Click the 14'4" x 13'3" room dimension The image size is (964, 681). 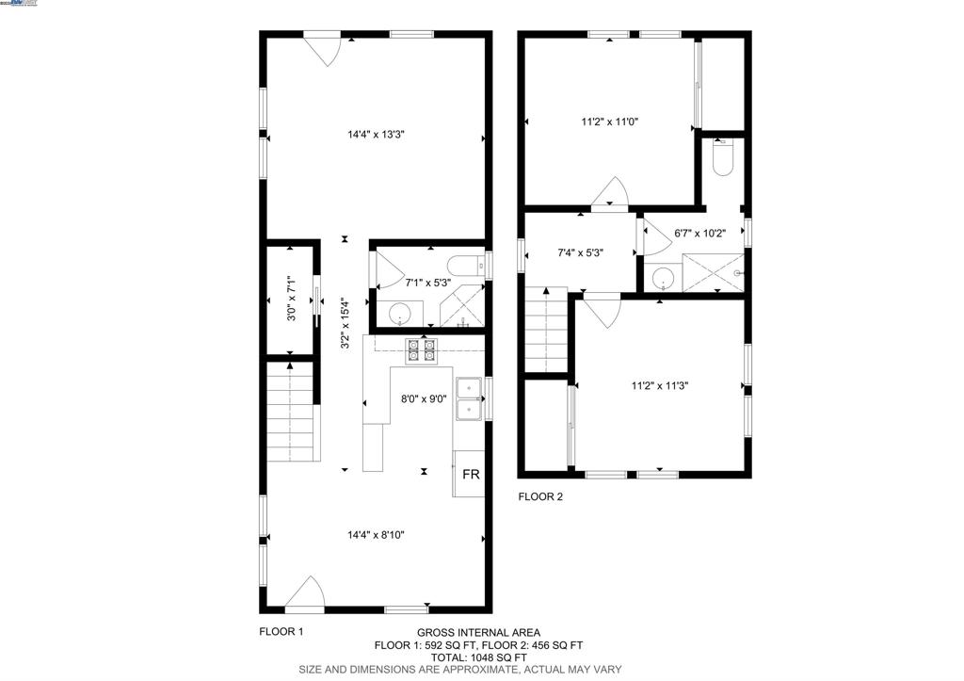tap(377, 135)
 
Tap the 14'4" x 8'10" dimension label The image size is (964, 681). tap(377, 535)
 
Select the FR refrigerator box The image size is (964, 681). tap(470, 475)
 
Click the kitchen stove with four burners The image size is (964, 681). tap(420, 350)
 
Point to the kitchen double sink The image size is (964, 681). tap(469, 397)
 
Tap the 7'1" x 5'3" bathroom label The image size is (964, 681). tap(428, 282)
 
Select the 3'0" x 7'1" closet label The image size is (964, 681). tap(291, 300)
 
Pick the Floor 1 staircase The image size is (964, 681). tap(289, 414)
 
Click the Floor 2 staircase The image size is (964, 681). tap(545, 331)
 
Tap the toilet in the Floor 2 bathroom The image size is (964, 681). tap(723, 157)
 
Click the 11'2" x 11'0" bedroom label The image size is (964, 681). tap(609, 122)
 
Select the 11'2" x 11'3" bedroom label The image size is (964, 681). tap(659, 384)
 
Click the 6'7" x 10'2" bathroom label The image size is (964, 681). tap(701, 234)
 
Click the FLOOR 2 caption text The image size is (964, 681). tap(540, 496)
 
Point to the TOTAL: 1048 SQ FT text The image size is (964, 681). tap(478, 657)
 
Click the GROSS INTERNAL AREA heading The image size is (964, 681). tap(478, 633)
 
